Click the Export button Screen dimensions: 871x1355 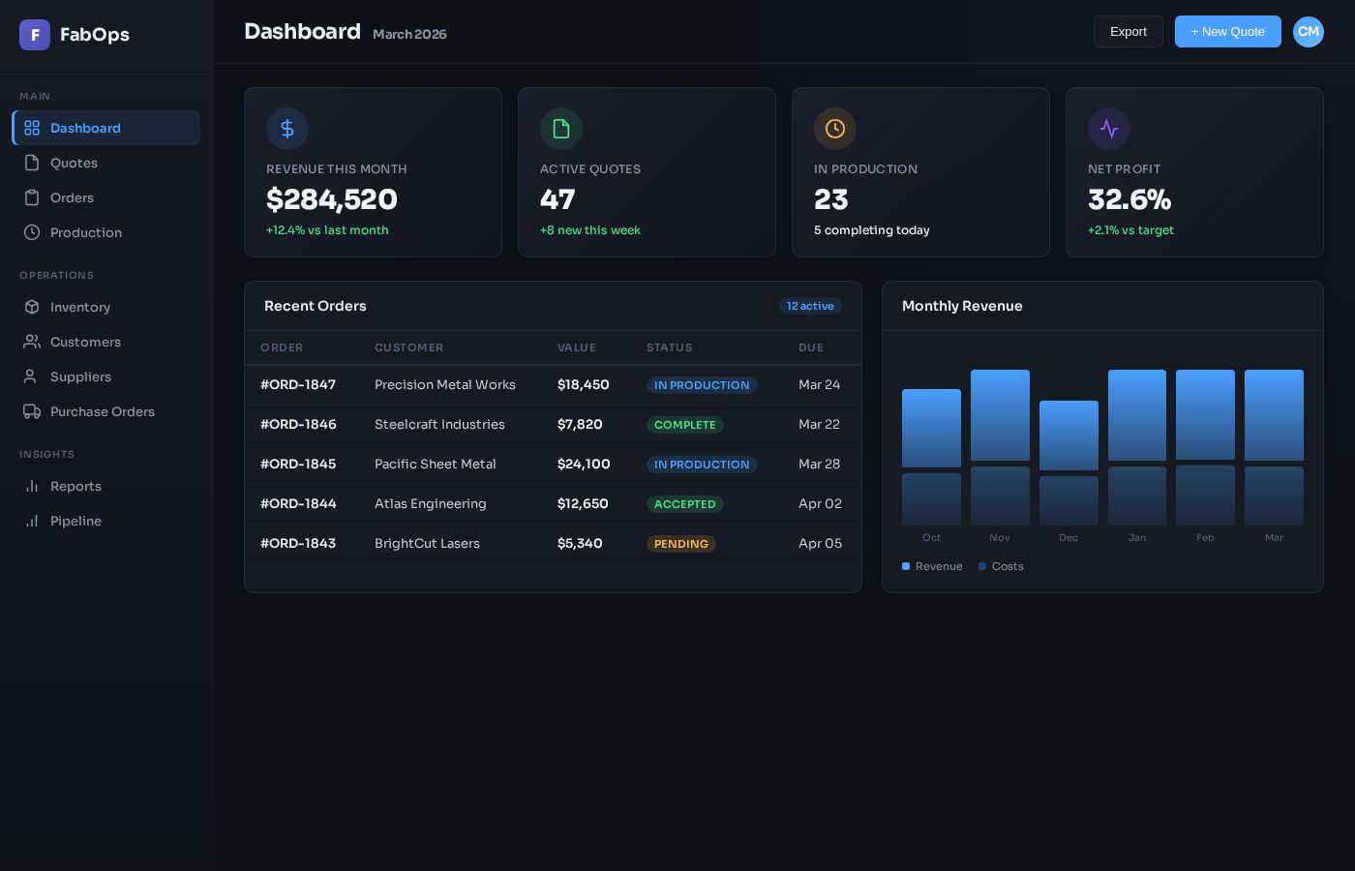click(1128, 32)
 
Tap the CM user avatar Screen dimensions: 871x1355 click(1308, 32)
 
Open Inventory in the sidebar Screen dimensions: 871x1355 click(80, 307)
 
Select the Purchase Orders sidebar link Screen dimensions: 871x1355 click(102, 411)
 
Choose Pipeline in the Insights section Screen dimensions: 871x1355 click(75, 521)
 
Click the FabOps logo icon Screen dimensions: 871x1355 click(35, 35)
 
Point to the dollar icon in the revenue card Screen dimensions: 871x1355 click(287, 129)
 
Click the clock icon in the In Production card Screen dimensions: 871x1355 click(835, 129)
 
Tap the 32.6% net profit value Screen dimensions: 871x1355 click(1129, 199)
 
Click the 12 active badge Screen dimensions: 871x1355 click(810, 306)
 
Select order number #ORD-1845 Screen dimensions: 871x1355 click(298, 465)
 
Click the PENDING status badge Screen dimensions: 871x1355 click(681, 544)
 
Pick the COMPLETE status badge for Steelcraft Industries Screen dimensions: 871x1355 click(685, 425)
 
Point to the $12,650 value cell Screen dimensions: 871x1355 click(583, 504)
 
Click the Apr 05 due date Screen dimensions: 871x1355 click(820, 544)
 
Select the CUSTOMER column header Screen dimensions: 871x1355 click(408, 347)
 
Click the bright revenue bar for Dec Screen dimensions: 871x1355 click(1069, 435)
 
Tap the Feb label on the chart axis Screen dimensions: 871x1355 click(1205, 538)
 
